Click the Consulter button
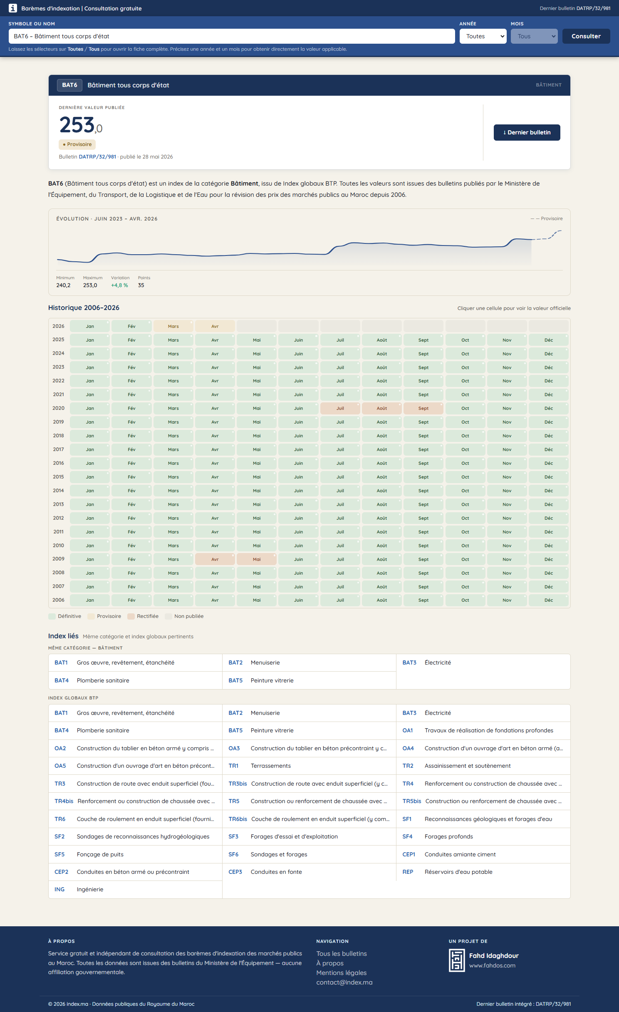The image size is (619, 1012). (586, 36)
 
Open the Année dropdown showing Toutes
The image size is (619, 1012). (483, 36)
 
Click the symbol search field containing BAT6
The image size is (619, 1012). (231, 36)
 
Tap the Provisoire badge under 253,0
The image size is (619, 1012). (77, 144)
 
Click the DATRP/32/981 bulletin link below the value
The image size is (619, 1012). (97, 157)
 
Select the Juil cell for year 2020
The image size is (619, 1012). (340, 408)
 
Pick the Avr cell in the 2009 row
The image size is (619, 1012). (215, 559)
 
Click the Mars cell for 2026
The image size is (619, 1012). (173, 326)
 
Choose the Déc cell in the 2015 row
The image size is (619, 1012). (548, 477)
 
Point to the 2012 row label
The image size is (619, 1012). (58, 518)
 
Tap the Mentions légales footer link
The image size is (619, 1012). (341, 972)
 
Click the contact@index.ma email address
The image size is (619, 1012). (344, 982)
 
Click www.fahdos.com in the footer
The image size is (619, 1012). (492, 965)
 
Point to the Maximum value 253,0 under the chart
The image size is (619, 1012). (90, 285)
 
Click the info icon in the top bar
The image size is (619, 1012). (13, 8)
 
